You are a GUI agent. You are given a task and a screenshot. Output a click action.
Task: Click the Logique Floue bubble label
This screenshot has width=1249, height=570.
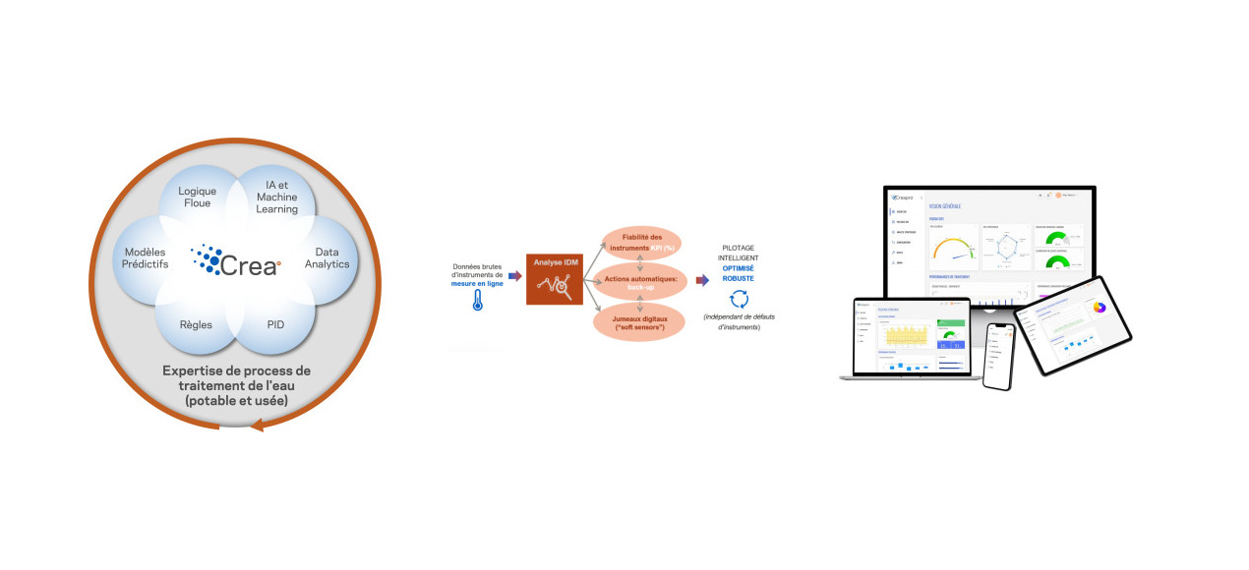pyautogui.click(x=197, y=197)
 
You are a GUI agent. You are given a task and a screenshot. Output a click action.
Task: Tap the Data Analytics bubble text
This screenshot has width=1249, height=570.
pyautogui.click(x=326, y=257)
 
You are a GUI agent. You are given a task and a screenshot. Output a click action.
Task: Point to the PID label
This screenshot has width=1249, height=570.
pyautogui.click(x=276, y=323)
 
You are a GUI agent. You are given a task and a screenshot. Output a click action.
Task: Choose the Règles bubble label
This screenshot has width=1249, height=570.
pyautogui.click(x=196, y=323)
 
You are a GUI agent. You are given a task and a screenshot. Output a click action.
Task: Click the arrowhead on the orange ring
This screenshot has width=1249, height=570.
pyautogui.click(x=258, y=425)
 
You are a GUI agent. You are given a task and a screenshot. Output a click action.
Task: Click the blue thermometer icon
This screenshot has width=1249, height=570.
pyautogui.click(x=478, y=301)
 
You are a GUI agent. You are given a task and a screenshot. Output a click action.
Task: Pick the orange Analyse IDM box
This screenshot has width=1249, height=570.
pyautogui.click(x=555, y=278)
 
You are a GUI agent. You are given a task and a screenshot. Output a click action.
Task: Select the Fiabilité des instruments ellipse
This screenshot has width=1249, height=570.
pyautogui.click(x=642, y=241)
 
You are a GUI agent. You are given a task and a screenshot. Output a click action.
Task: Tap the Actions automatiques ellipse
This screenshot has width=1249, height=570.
pyautogui.click(x=640, y=280)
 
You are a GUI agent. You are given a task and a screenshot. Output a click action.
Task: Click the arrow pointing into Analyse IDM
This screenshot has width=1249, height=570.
pyautogui.click(x=514, y=276)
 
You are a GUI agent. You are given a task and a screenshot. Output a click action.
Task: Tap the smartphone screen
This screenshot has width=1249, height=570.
pyautogui.click(x=998, y=359)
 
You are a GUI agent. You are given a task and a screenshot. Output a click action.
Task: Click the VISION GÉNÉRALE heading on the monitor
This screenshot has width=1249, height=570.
pyautogui.click(x=944, y=205)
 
